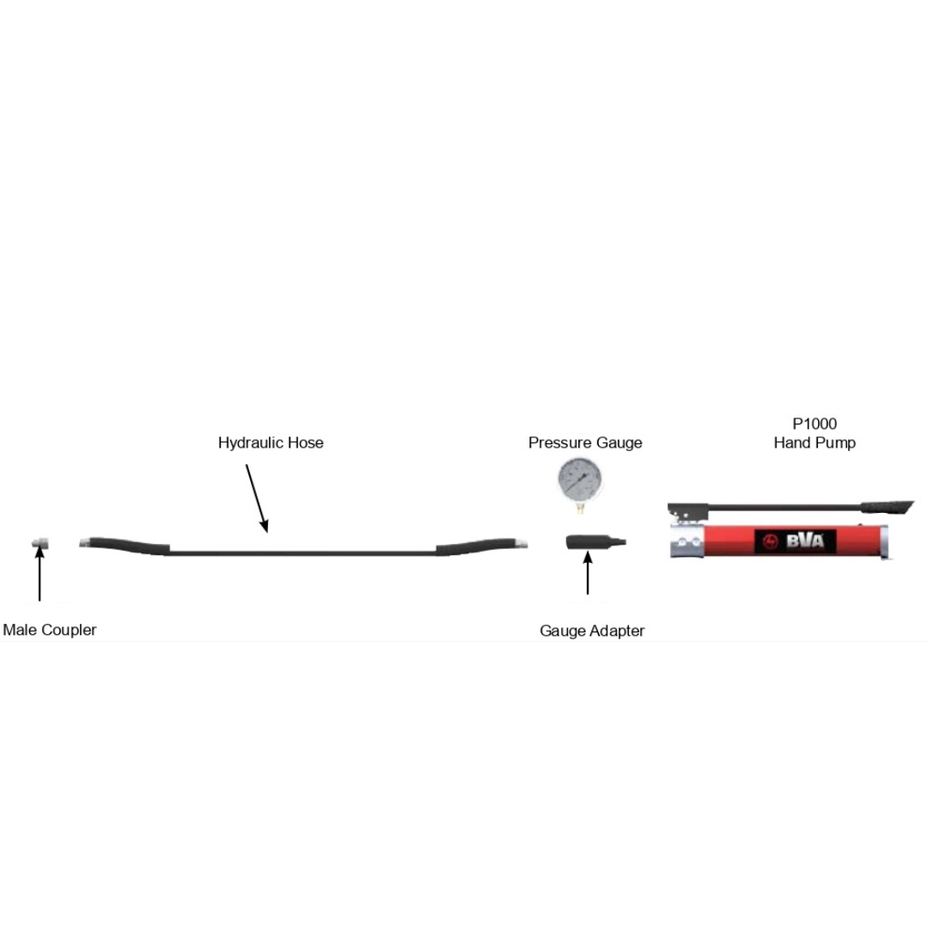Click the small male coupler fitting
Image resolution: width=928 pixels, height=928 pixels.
click(x=40, y=543)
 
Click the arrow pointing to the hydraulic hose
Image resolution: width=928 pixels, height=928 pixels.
click(x=257, y=498)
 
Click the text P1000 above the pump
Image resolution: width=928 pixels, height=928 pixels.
click(x=814, y=424)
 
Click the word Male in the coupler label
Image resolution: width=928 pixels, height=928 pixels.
click(x=19, y=630)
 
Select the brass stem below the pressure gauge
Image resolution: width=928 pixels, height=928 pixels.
click(x=579, y=509)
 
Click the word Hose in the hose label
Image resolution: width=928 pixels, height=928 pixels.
click(x=306, y=443)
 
